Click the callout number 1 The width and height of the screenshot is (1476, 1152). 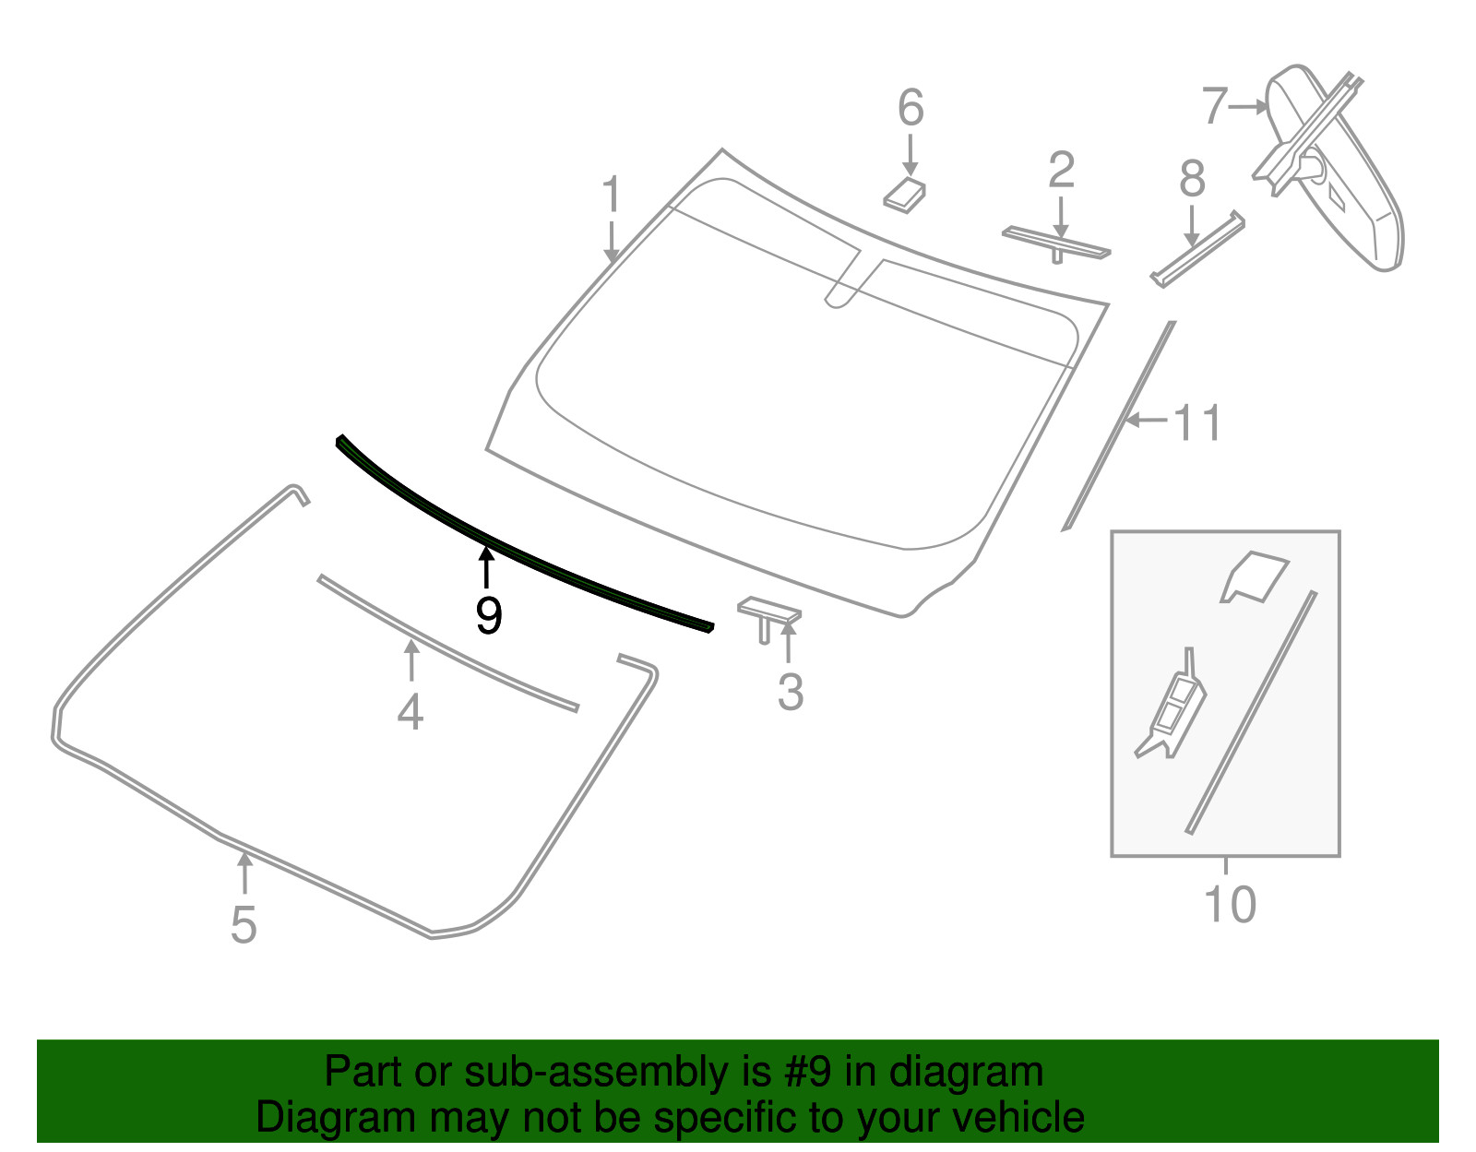[612, 194]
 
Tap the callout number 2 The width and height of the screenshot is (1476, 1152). [1061, 171]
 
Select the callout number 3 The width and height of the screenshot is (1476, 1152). [791, 693]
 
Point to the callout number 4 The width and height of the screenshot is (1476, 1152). [411, 712]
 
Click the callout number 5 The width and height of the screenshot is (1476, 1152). [244, 924]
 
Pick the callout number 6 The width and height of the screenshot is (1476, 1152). [911, 107]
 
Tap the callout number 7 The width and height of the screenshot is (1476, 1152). [1215, 106]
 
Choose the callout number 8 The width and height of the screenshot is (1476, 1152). [1191, 179]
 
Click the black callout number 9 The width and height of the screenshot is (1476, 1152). [488, 616]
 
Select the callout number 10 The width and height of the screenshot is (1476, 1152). [1230, 905]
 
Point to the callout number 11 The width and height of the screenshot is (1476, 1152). [1197, 423]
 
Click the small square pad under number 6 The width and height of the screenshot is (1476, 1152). [904, 196]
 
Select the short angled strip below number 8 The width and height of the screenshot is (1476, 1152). [1197, 249]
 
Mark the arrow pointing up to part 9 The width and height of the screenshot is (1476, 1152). [485, 567]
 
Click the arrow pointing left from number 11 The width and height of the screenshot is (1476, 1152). [1147, 421]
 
